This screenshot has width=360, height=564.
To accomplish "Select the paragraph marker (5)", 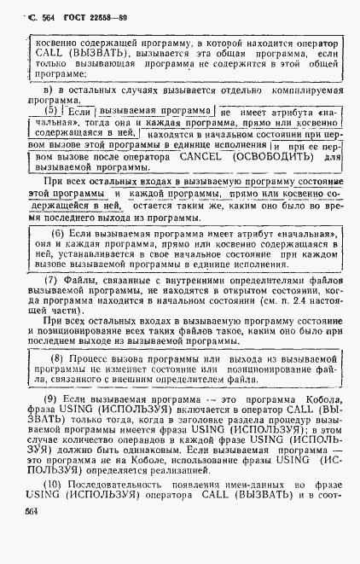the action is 53,111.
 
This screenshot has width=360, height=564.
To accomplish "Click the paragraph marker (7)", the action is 50,280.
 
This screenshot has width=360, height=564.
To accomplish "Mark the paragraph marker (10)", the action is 52,485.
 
